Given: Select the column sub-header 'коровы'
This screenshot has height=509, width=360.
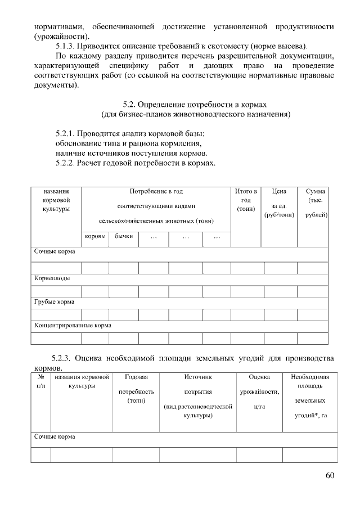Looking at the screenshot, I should (x=95, y=237).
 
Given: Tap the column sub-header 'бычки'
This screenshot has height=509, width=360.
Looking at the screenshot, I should (x=124, y=237).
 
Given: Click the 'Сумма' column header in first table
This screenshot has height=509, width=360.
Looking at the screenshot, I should (x=316, y=191).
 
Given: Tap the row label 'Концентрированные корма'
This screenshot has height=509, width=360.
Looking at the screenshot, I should (x=73, y=325).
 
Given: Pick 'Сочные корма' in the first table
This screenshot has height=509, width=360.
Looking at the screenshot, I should (x=55, y=251).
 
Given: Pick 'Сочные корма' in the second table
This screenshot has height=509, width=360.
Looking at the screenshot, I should (x=55, y=436).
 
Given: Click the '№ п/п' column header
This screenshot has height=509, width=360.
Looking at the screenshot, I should (x=40, y=381).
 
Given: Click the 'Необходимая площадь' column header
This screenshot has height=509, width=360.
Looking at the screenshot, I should (x=309, y=381).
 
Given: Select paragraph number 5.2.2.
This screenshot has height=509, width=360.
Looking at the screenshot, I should (x=65, y=163).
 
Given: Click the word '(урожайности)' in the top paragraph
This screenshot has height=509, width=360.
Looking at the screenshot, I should (x=58, y=35).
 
